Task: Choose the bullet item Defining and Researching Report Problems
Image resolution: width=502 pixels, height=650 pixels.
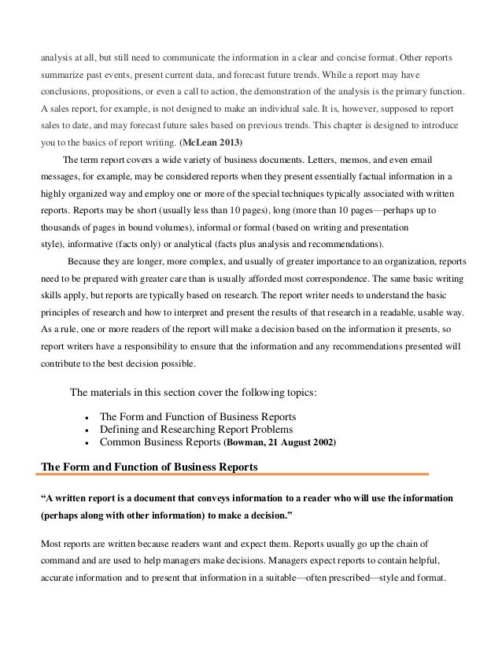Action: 196,429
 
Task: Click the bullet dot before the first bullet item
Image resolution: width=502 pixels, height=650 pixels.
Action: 85,415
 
